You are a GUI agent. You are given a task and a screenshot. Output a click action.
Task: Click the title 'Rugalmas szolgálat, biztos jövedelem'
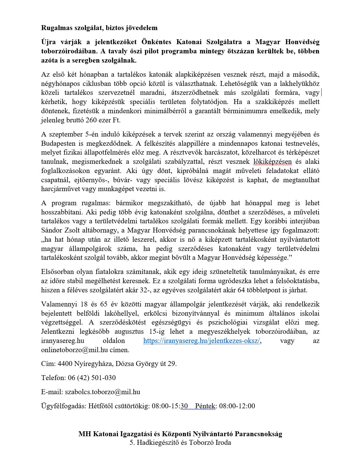click(x=99, y=28)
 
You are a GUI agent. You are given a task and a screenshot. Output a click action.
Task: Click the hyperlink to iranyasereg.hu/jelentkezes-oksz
click(x=202, y=341)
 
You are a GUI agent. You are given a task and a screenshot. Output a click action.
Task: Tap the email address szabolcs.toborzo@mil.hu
click(x=103, y=392)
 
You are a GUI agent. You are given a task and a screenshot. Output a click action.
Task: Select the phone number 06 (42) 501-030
click(x=91, y=378)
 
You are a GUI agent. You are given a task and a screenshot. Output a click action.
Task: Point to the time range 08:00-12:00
click(x=237, y=406)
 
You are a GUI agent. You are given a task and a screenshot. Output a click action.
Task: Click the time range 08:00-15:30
click(x=170, y=406)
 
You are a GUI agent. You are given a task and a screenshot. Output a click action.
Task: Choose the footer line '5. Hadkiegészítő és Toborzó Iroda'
click(x=180, y=443)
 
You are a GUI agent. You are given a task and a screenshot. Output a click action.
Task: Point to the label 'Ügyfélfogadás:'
click(x=64, y=406)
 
